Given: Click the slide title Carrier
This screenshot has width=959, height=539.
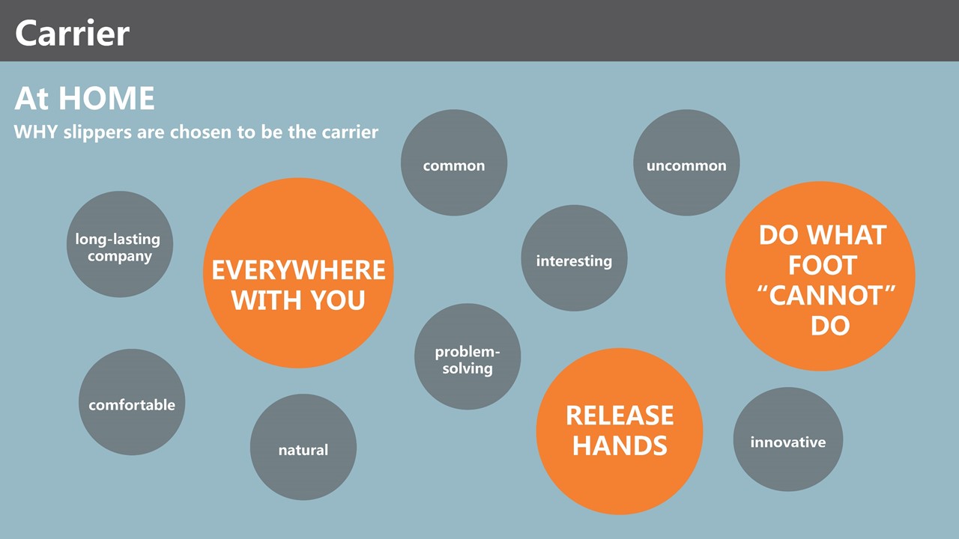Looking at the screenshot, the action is point(72,34).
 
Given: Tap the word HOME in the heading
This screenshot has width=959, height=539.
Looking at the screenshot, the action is point(106,98).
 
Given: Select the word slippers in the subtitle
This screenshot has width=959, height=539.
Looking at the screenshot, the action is point(97,133).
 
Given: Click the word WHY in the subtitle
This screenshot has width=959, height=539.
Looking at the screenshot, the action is point(36,132).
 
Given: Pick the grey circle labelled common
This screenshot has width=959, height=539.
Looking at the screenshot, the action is point(454,162).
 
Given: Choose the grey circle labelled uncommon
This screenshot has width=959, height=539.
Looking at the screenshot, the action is point(686,162).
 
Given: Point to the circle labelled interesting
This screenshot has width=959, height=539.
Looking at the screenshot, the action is point(574,258).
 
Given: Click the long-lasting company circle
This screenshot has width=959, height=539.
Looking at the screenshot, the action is point(120,244).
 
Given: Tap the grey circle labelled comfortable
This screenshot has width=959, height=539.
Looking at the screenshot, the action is point(132,402).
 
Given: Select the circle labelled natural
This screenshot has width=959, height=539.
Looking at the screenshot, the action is point(303,447).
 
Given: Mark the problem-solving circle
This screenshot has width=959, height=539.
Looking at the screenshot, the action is point(468,357).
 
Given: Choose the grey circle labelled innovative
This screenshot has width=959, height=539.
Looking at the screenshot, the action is point(788,439).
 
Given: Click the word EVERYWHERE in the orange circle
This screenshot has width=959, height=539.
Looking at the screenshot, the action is point(298,270).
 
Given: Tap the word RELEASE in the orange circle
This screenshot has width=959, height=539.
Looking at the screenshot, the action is point(620,415).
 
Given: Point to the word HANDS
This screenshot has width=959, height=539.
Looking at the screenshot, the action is point(620,445).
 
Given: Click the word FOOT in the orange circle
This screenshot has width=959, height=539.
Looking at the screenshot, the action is point(823,265).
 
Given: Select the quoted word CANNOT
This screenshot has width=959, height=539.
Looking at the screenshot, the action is point(826,296).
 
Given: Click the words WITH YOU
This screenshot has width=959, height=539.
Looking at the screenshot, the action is point(298,300).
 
